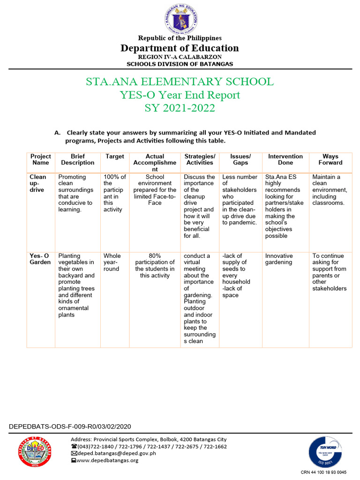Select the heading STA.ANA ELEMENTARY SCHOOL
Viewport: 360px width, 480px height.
(x=180, y=82)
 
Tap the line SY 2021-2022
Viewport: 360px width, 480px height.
(x=180, y=108)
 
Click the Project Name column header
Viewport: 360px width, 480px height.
(x=41, y=159)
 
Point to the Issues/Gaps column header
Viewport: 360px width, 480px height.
(x=240, y=159)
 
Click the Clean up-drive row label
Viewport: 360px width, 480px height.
(x=38, y=183)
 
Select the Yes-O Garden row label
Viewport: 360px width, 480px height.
(x=40, y=259)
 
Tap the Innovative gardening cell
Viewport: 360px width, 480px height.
(x=279, y=259)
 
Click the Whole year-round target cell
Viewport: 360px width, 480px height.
(x=112, y=262)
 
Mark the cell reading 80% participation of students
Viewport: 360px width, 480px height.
(x=155, y=266)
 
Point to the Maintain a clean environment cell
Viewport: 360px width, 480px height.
(x=330, y=190)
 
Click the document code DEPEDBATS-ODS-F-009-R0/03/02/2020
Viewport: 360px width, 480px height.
(x=70, y=427)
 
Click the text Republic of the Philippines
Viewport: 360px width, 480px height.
(x=180, y=38)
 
